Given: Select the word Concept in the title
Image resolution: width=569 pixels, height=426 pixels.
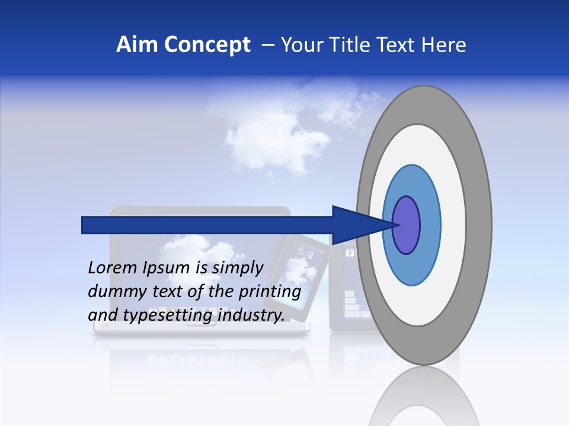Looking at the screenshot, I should click(x=207, y=45).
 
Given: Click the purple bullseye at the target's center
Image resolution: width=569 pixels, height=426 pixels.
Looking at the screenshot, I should click(x=407, y=225).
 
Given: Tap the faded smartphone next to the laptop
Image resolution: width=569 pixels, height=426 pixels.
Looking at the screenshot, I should click(x=303, y=272).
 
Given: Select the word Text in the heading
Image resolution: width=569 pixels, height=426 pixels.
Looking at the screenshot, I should click(x=399, y=45).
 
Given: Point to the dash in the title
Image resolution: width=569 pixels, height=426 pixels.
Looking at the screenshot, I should click(x=267, y=45).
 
